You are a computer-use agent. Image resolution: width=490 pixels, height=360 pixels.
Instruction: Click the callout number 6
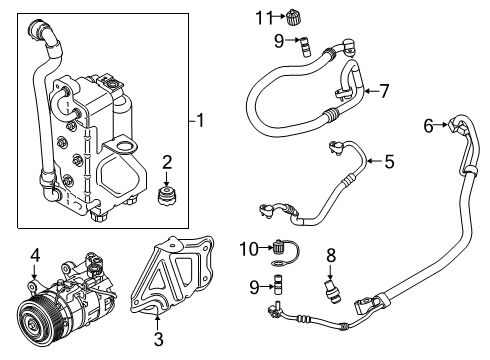coord(428,125)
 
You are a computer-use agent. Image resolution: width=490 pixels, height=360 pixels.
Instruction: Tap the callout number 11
coord(262,17)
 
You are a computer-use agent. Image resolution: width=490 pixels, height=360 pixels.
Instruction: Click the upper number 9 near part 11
coord(279,41)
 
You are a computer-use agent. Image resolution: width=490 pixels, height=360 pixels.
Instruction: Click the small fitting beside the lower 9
coord(277,289)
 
